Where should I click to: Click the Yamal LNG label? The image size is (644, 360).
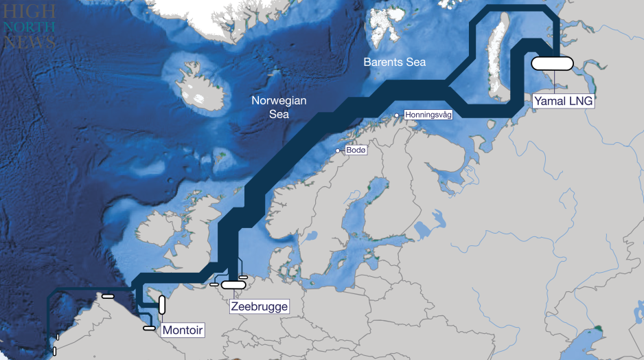(563, 102)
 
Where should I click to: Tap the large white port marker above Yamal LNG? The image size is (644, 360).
(552, 63)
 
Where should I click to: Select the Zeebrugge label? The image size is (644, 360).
(259, 306)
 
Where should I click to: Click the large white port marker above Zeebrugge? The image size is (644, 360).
(233, 284)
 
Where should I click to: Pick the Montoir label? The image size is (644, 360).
(183, 330)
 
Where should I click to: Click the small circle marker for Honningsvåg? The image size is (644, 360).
(397, 115)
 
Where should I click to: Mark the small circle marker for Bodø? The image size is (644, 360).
(337, 150)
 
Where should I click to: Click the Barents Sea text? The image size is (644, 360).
(394, 62)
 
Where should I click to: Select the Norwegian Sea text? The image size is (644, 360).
(279, 107)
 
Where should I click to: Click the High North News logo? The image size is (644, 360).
(29, 27)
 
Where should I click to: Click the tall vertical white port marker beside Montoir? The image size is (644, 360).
(162, 304)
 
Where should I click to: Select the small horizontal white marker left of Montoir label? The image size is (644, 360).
(150, 328)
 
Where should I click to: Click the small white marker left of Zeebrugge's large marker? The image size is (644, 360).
(214, 284)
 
